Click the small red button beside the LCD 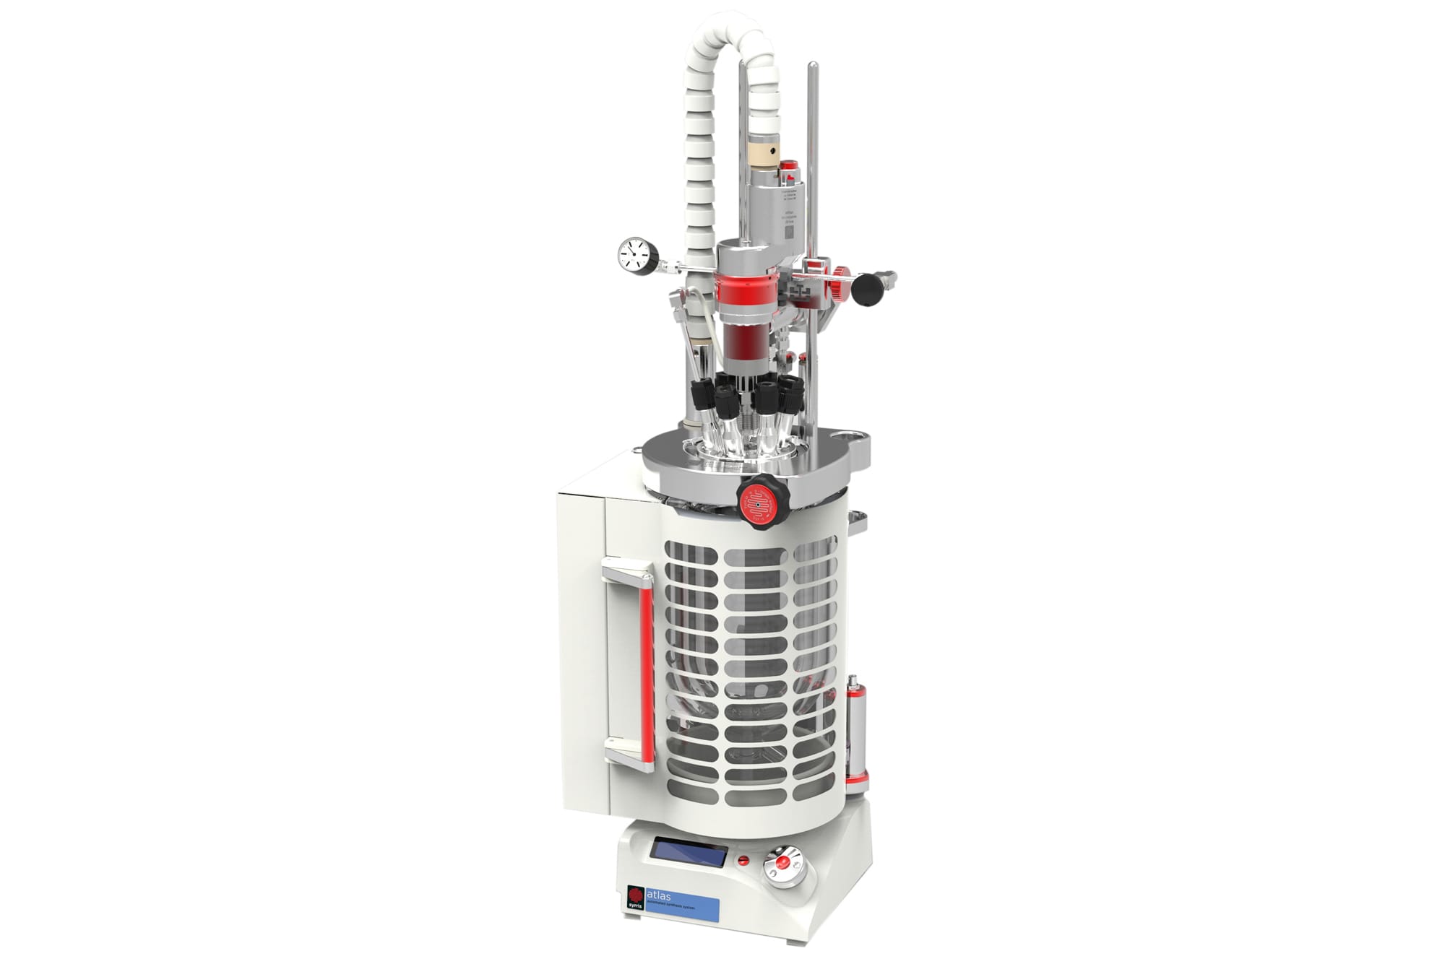coord(742,860)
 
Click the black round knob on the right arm coord(866,288)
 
